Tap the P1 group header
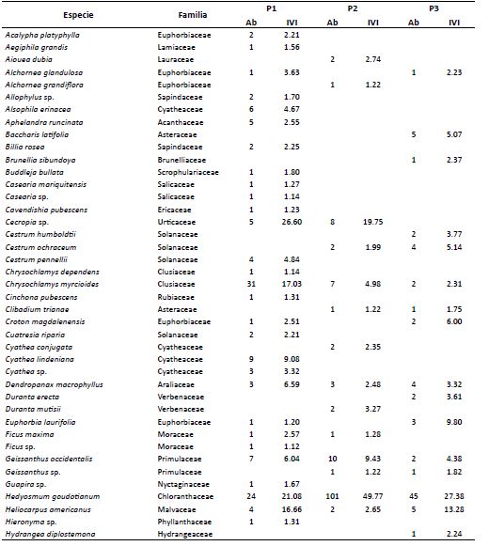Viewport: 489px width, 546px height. pyautogui.click(x=270, y=8)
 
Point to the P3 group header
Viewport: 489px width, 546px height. pyautogui.click(x=434, y=8)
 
